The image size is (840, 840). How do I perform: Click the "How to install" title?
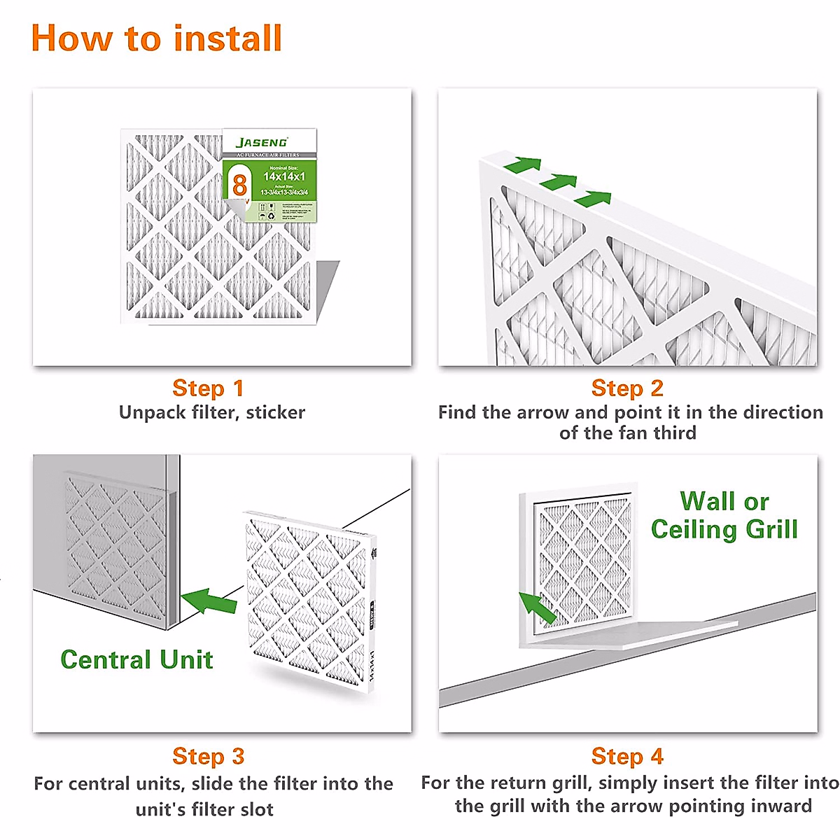pos(156,38)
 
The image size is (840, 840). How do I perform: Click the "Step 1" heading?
pos(208,388)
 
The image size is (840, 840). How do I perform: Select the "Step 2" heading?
pos(627,388)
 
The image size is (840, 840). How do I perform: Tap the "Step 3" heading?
pos(208,756)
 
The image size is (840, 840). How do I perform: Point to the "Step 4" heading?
pos(627,756)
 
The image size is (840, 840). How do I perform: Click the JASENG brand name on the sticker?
pos(262,142)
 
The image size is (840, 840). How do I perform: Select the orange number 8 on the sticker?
pos(239,185)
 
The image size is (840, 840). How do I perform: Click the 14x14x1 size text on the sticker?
pos(284,176)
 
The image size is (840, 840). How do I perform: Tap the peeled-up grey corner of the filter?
pos(325,287)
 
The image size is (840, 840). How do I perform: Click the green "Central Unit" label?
pos(136,659)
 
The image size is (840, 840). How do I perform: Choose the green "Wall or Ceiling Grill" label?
pos(724,515)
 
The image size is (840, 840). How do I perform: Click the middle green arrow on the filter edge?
pos(558,182)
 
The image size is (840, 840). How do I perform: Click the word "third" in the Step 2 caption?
pos(675,433)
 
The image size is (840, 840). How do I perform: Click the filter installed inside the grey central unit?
pos(115,546)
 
